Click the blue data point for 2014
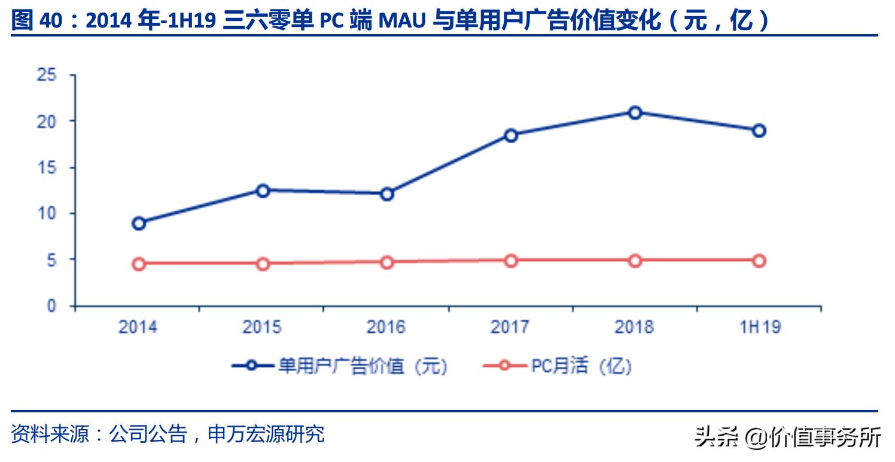coord(139,223)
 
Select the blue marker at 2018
coord(635,113)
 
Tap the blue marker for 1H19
coord(759,130)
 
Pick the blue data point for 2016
coord(386,194)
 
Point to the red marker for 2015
coord(263,263)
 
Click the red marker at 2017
coord(510,260)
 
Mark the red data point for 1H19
coord(759,260)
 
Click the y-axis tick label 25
coord(46,75)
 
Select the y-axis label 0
coord(51,306)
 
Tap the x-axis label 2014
coord(138,327)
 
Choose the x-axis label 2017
coord(510,327)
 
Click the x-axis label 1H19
coord(759,327)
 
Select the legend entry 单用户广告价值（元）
coord(341,366)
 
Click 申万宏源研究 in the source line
coord(266,434)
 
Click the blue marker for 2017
coord(510,135)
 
